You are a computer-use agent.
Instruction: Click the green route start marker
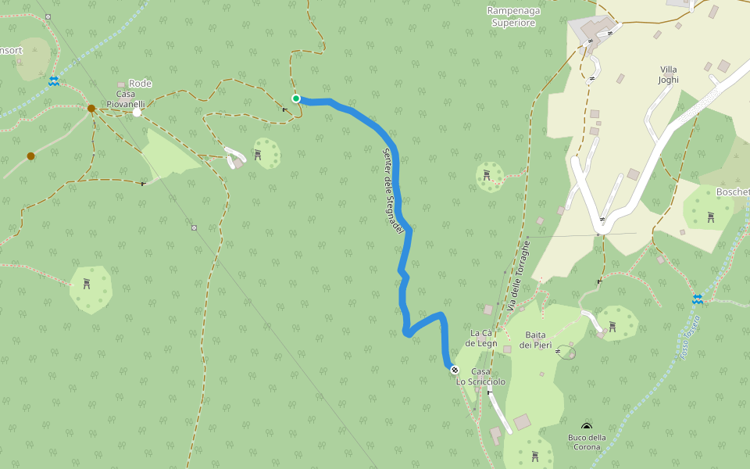296,98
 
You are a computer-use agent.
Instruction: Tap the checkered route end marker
455,368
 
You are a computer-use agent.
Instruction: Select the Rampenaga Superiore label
513,17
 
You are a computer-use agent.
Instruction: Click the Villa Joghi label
669,74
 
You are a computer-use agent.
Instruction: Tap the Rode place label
141,84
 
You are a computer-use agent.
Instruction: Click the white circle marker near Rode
137,113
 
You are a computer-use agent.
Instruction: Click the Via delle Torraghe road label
520,274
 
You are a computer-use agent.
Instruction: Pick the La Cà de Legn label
481,338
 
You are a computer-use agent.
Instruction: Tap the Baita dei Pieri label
535,340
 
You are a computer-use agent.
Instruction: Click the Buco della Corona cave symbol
587,426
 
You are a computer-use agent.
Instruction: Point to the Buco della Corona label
587,442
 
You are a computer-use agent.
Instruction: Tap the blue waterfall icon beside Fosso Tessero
697,299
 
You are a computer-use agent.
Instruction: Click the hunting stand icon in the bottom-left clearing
87,285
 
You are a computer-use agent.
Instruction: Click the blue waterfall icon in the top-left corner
54,81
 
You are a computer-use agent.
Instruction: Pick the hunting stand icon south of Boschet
710,217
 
